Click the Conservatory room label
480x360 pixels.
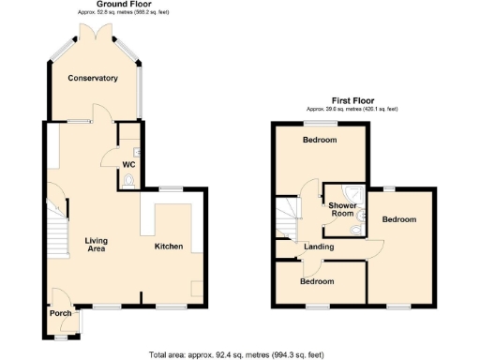coord(92,78)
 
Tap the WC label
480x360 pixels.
coord(128,165)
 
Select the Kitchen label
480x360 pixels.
coord(169,246)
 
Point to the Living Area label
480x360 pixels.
coord(97,246)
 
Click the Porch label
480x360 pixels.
coord(61,313)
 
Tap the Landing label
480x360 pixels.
coord(319,246)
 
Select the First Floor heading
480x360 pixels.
coord(352,99)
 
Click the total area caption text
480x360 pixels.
coord(236,354)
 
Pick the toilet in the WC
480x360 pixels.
coord(130,179)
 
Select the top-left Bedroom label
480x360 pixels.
coord(320,141)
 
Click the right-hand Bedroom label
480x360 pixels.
coord(399,218)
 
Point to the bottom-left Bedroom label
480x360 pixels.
coord(316,281)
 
